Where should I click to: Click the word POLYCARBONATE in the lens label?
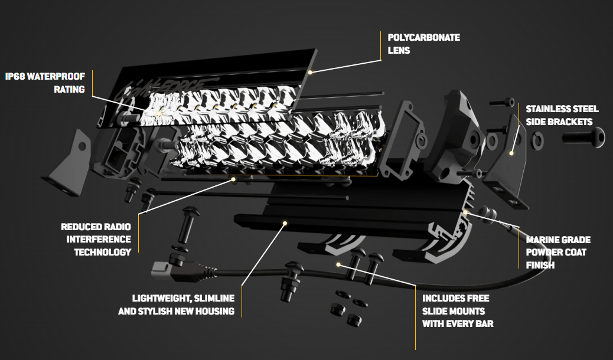tap(423, 37)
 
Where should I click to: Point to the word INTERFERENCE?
tap(99, 239)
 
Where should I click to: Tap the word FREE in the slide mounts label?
tap(477, 298)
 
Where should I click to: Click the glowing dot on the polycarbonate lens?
tap(309, 71)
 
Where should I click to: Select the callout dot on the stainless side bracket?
tap(512, 152)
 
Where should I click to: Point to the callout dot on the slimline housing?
tap(285, 223)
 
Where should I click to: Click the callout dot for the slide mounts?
tap(338, 264)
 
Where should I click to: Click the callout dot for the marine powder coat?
tap(467, 211)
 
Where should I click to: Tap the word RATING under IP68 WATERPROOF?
tap(69, 89)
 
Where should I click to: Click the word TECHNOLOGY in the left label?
tap(102, 252)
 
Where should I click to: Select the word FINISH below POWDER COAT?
tap(540, 266)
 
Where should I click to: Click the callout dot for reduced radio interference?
tap(234, 178)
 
